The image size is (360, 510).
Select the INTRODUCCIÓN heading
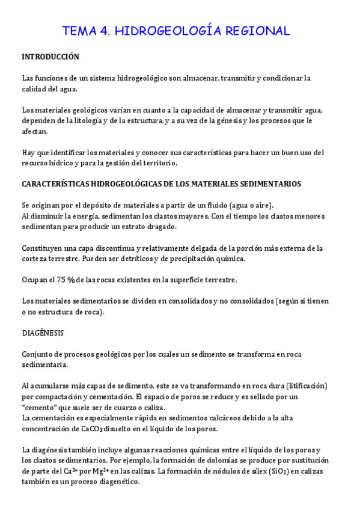point(50,57)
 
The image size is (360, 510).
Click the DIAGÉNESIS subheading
point(43,332)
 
